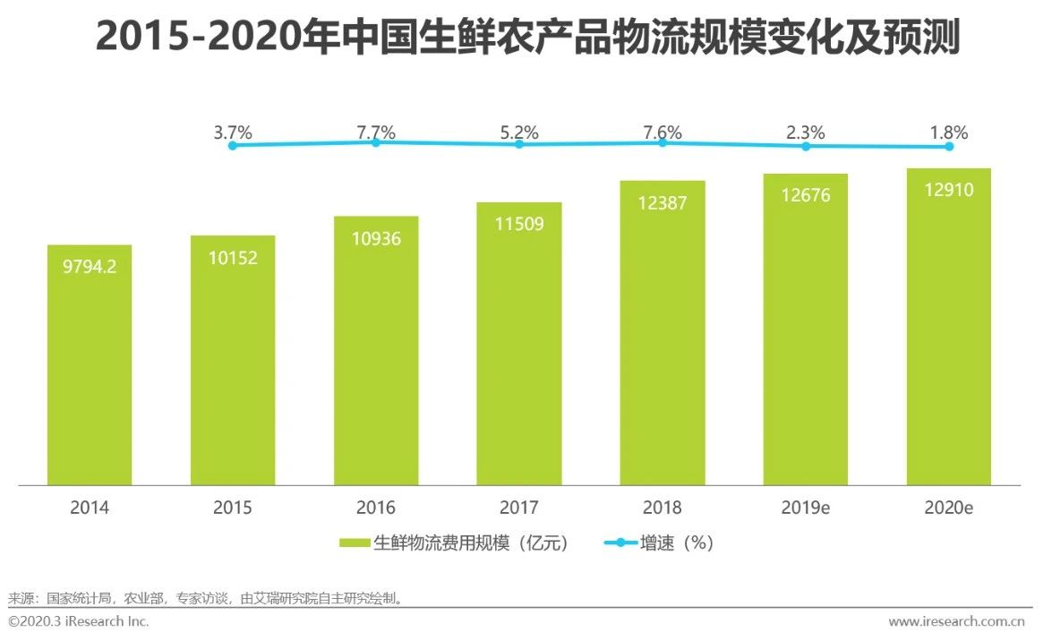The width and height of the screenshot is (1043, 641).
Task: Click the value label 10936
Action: [376, 239]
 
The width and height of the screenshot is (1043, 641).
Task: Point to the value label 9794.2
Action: [90, 267]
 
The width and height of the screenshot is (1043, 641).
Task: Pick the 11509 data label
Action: [519, 224]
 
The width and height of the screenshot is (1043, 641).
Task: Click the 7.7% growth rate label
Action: [376, 132]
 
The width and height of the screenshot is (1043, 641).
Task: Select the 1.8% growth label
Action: [949, 132]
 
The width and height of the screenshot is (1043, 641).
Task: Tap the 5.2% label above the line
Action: [519, 132]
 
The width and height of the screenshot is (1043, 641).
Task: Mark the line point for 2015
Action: [233, 145]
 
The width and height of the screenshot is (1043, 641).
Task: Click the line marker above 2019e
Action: [806, 146]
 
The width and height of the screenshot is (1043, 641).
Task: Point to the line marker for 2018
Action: [663, 142]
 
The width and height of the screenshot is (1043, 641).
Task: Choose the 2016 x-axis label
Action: [376, 509]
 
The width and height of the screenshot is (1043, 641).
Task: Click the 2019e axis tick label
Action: [806, 509]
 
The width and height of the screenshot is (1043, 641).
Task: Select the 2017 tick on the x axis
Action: [519, 509]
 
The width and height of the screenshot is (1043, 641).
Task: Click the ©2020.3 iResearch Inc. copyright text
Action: [79, 621]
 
